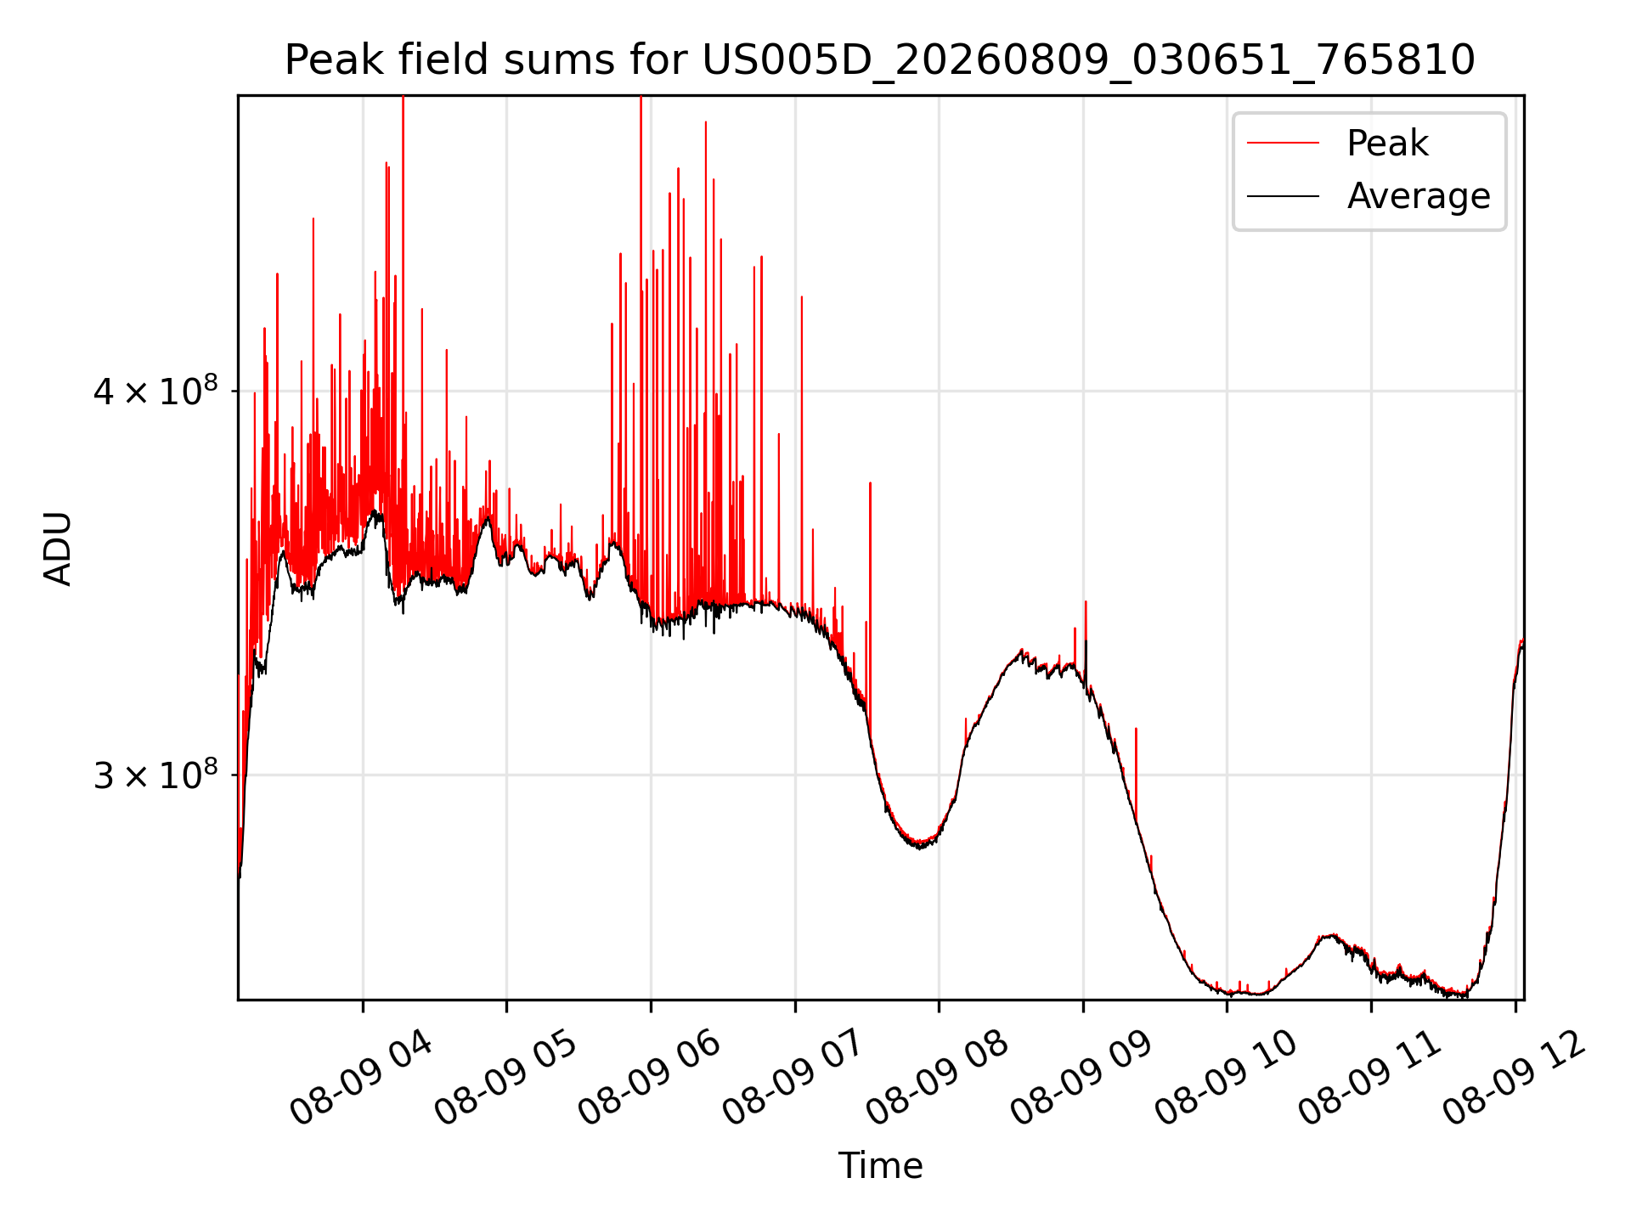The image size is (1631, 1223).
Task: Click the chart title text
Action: coord(879,60)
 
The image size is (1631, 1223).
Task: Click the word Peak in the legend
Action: coord(1387,143)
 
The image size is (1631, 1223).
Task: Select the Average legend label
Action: coord(1419,196)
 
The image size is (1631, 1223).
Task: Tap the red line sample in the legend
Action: coord(1283,143)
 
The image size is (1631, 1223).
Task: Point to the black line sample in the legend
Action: coord(1283,196)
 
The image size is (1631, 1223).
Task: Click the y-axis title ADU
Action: coord(58,549)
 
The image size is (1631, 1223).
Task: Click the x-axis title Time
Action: coord(880,1165)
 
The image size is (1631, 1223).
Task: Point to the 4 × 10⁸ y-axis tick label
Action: coord(155,391)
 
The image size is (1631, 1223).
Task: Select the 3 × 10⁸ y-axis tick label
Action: coord(155,774)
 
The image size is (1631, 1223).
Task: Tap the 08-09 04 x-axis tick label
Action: coord(361,1079)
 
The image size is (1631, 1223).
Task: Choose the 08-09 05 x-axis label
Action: coord(505,1079)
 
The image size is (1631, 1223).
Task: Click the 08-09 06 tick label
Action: coord(649,1079)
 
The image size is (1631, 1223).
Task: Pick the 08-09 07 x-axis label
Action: coord(793,1079)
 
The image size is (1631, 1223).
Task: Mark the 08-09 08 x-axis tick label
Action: coord(937,1079)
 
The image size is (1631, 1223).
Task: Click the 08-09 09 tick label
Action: coord(1081,1079)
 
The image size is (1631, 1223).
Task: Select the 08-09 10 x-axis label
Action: coord(1225,1079)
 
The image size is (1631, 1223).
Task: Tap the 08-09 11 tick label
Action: coord(1369,1079)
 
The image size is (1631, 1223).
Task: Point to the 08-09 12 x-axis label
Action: coord(1514,1079)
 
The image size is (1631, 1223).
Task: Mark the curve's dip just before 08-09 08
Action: coord(920,844)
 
